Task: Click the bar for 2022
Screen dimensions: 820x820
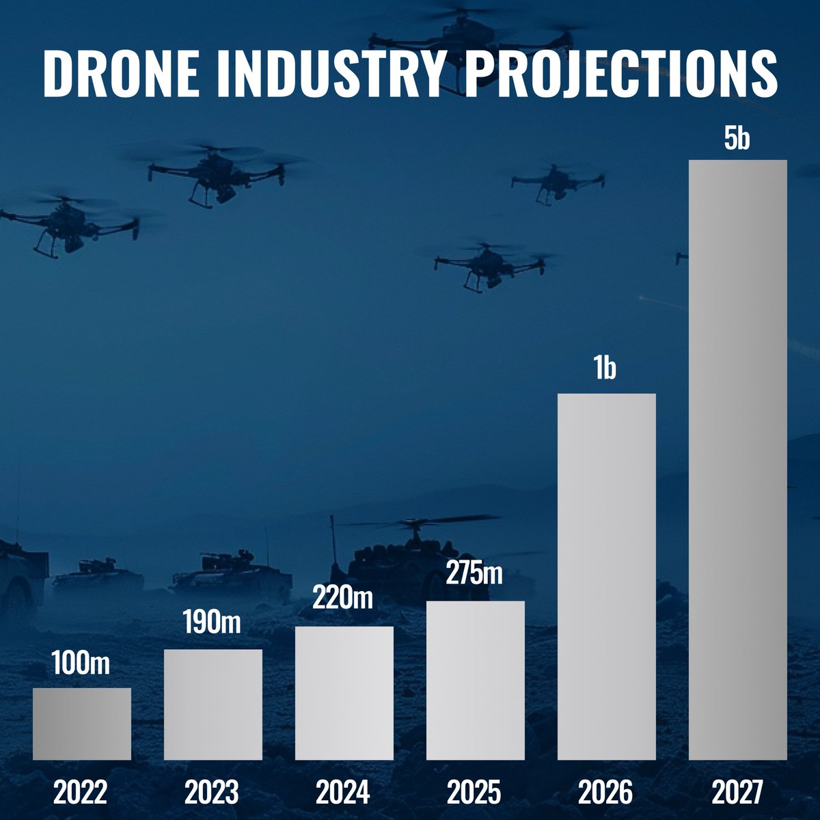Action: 82,724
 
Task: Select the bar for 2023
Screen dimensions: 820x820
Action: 213,705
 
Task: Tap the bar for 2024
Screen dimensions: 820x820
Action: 344,693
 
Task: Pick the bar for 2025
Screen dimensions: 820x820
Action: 476,681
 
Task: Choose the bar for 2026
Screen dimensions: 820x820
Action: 607,577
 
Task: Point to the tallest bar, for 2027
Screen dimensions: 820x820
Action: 738,460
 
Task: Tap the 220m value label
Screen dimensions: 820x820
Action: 344,601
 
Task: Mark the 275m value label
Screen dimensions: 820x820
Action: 476,573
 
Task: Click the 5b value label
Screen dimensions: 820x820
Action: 738,139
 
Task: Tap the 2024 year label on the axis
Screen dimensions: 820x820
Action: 344,793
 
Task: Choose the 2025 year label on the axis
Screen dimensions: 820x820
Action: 475,793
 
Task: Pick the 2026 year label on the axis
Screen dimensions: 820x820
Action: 606,793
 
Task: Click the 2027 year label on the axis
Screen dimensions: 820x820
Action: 737,793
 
